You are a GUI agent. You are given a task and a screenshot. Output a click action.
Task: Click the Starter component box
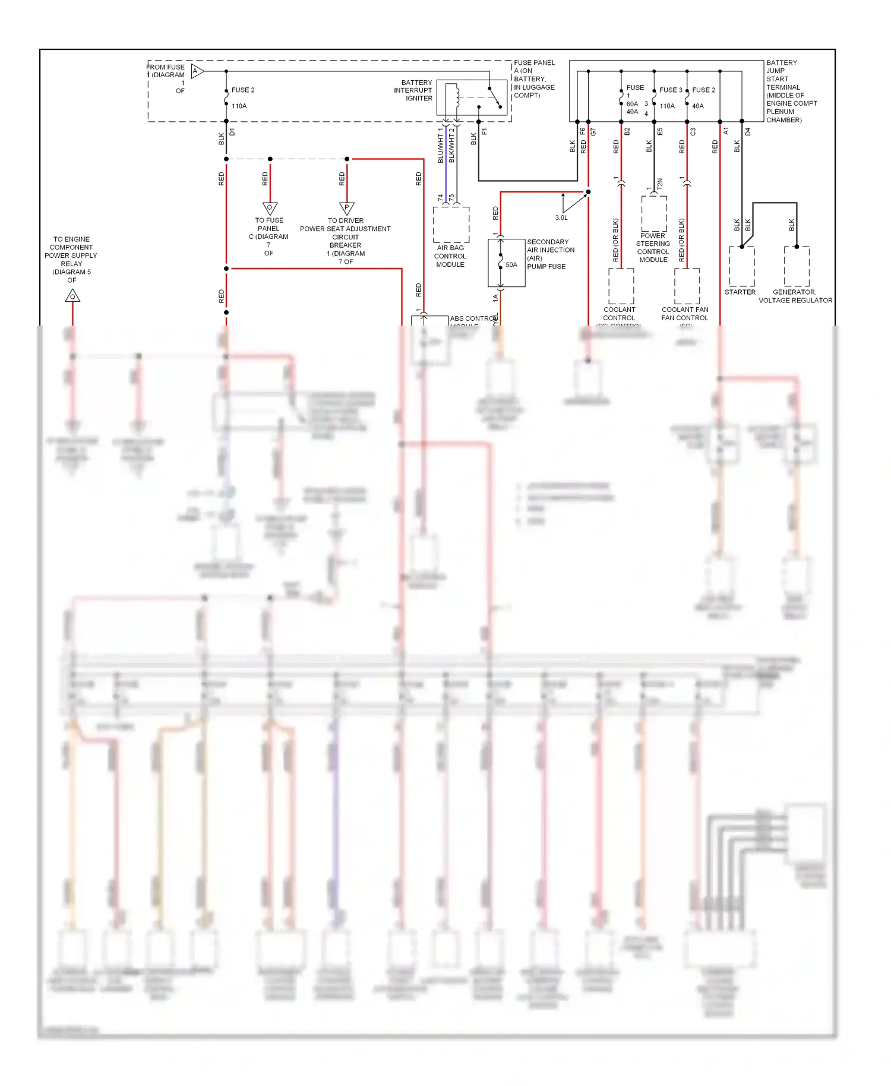(x=741, y=266)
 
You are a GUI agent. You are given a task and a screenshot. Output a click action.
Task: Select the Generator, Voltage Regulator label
(x=795, y=296)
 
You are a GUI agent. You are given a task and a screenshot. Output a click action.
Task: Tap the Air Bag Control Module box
(x=451, y=225)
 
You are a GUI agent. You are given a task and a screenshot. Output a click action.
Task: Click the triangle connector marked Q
(x=72, y=296)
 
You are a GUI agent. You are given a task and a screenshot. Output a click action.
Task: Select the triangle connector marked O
(x=270, y=208)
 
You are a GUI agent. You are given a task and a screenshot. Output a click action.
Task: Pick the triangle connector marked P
(x=347, y=208)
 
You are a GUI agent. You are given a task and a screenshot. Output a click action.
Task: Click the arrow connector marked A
(x=197, y=71)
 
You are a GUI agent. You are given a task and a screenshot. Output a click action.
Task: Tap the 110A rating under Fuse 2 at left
(x=239, y=106)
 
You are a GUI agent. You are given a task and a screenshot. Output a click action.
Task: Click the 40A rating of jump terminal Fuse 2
(x=698, y=106)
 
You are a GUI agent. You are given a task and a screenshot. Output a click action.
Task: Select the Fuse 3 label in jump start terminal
(x=671, y=90)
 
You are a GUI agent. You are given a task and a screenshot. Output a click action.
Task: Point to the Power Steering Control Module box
(x=653, y=214)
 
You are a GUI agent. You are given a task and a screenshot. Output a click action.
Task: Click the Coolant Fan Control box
(x=687, y=286)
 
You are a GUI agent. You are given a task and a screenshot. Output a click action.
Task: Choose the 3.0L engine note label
(x=561, y=217)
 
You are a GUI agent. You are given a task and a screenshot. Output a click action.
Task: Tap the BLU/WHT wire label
(x=440, y=147)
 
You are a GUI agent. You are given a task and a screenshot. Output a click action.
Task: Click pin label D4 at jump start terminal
(x=748, y=131)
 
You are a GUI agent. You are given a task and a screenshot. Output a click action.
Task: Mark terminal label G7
(x=593, y=131)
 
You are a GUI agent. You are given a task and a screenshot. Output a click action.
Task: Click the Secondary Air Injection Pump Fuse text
(x=550, y=254)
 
